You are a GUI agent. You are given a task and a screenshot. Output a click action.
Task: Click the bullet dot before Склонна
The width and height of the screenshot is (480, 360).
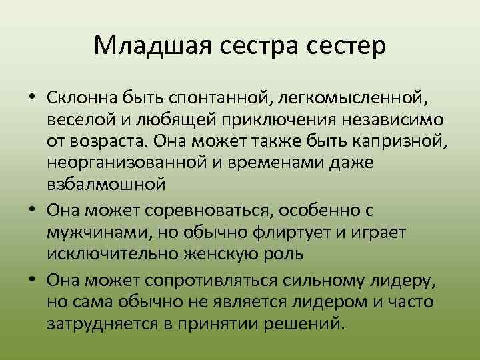point(32,98)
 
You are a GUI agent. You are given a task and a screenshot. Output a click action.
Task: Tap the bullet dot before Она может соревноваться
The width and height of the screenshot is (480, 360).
point(32,211)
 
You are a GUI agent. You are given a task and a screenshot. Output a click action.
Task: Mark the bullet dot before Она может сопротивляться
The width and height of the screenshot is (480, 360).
point(32,280)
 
